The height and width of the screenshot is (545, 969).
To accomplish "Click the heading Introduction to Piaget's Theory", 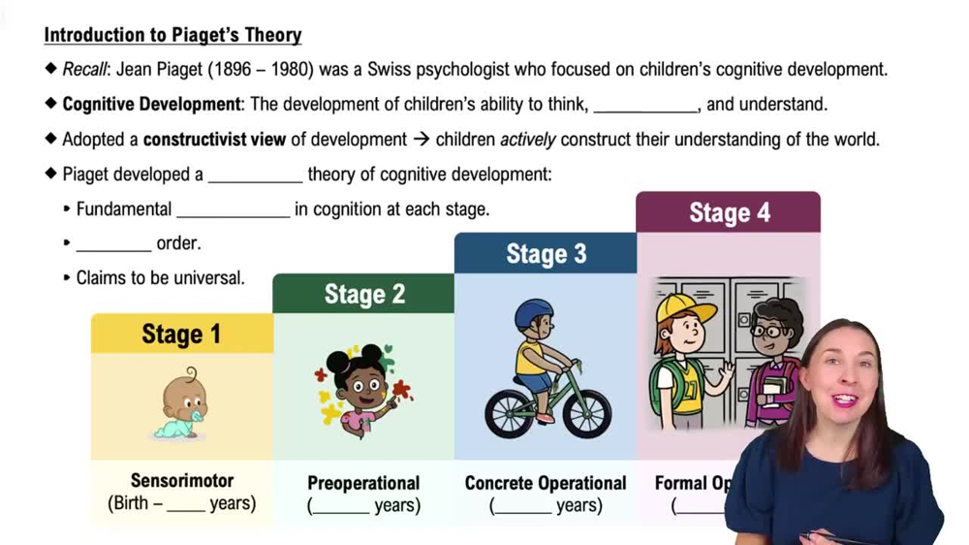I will tap(172, 36).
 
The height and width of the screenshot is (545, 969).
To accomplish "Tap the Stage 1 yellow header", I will tap(181, 335).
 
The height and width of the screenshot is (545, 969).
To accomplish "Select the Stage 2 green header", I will tap(364, 294).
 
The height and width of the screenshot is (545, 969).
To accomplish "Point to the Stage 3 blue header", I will tap(546, 254).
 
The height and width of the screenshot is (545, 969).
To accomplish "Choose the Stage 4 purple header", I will tap(729, 212).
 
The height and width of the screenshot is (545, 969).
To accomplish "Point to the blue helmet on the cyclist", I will tap(534, 314).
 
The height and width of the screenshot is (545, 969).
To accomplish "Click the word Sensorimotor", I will tap(182, 480).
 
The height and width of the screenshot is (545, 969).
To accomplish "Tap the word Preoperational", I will tap(363, 483).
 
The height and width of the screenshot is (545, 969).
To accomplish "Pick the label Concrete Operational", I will tap(546, 483).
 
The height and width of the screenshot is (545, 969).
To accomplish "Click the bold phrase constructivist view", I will tap(214, 140).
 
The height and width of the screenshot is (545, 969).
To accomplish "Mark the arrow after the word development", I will tap(421, 140).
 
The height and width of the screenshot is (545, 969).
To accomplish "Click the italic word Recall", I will tap(84, 70).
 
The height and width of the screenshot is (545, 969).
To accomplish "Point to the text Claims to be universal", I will tap(160, 278).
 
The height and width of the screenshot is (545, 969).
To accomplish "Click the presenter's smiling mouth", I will tap(844, 400).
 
